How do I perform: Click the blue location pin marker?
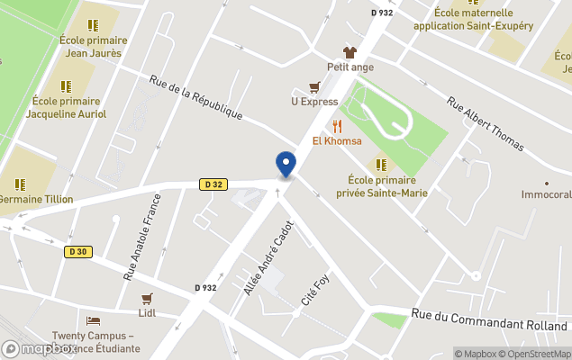pos(286,165)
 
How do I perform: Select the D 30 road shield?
pos(79,252)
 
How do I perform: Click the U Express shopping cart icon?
pos(314,87)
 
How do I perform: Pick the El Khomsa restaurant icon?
pos(337,126)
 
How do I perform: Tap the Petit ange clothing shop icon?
pos(350,52)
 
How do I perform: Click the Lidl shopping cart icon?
pos(147,299)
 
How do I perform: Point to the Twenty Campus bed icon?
pos(93,321)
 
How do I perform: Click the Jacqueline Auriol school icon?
pos(66,86)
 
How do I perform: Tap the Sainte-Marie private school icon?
pos(382,165)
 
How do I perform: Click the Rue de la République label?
pos(196,97)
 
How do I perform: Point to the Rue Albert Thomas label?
pos(486,126)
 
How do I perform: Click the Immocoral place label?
pos(546,194)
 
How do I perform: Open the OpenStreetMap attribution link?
pos(538,354)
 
